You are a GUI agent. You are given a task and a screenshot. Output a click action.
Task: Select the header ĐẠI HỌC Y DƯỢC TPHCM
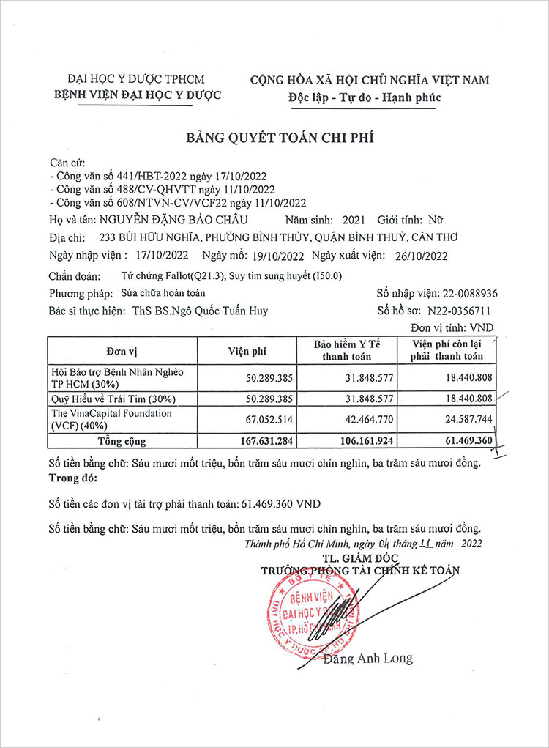coord(136,79)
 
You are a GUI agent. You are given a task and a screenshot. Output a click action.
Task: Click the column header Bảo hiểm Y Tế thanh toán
coord(348,350)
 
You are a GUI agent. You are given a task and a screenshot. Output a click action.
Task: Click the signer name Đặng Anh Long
coord(375,658)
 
